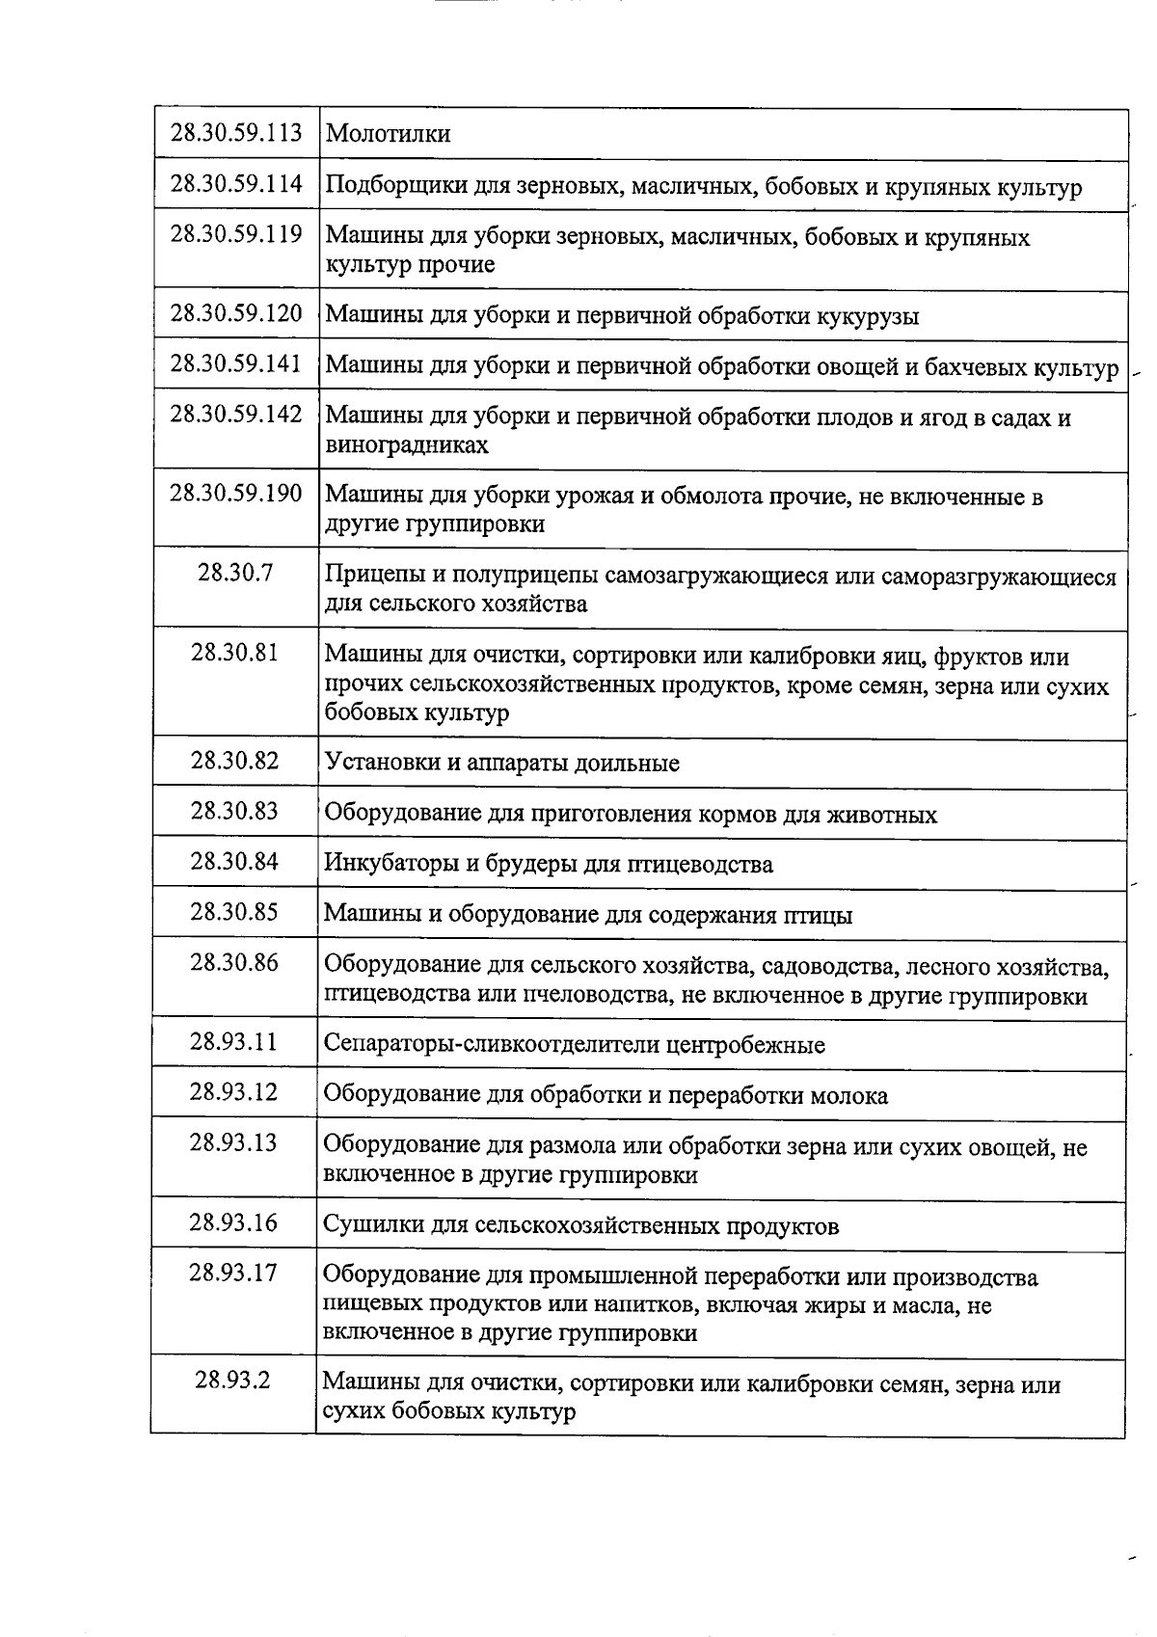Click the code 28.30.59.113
[x=236, y=133]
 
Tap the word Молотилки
[x=388, y=134]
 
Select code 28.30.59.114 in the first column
[x=236, y=183]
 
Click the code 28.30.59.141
[x=236, y=363]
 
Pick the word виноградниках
[x=407, y=445]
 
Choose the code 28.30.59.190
[x=236, y=494]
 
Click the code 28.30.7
[x=235, y=573]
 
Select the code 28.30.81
[x=235, y=653]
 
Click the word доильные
[x=628, y=764]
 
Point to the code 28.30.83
[x=234, y=811]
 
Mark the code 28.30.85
[x=234, y=911]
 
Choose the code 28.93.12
[x=233, y=1091]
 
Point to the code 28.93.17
[x=233, y=1273]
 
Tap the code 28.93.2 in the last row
[x=232, y=1380]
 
